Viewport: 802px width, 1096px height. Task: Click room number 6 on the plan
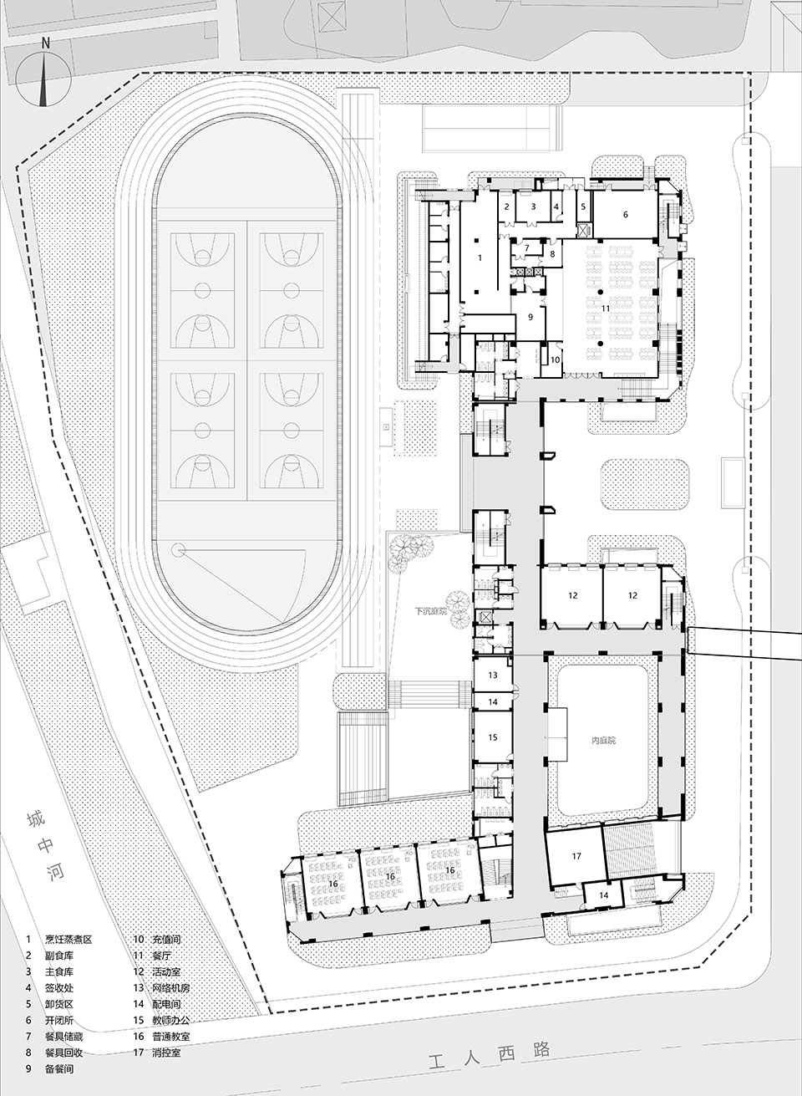click(623, 214)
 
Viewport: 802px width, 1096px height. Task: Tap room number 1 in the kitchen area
click(480, 259)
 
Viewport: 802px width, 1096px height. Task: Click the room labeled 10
click(555, 359)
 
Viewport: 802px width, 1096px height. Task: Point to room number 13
click(493, 675)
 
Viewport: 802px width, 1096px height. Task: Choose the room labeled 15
click(493, 737)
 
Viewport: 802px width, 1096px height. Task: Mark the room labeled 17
click(576, 856)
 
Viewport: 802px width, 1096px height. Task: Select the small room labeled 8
click(551, 253)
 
